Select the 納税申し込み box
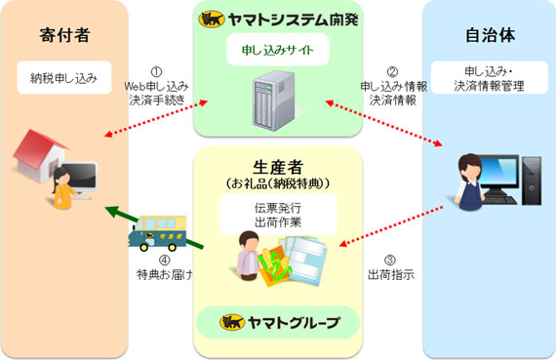pyautogui.click(x=64, y=73)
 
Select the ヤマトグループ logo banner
pyautogui.click(x=278, y=323)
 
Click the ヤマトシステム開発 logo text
pyautogui.click(x=278, y=19)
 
